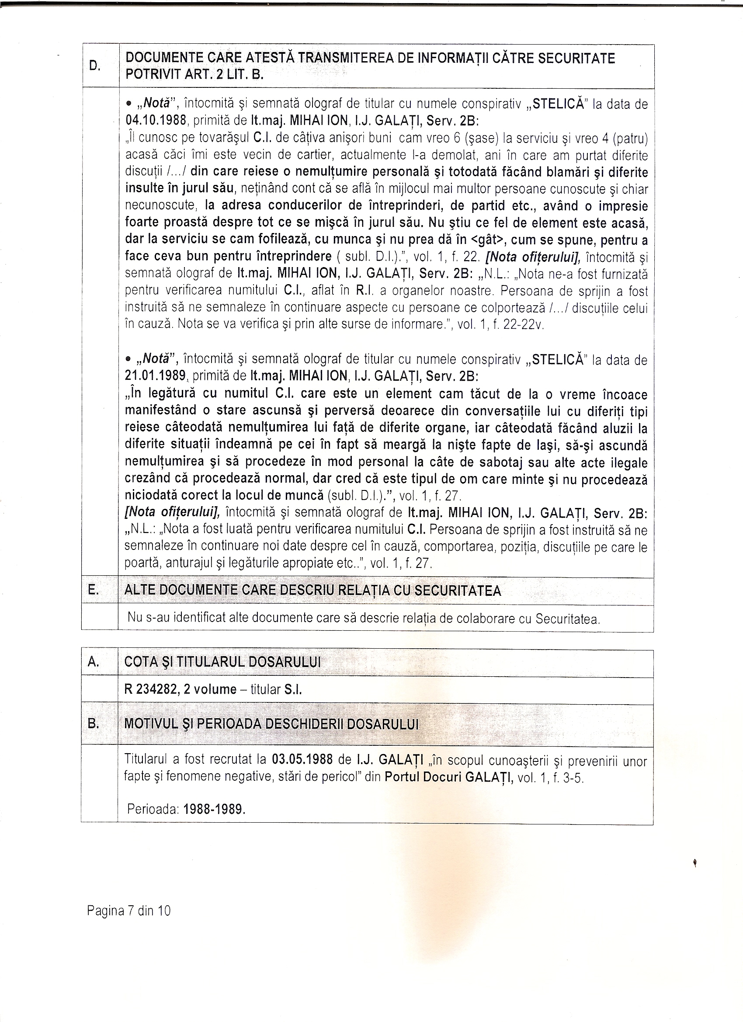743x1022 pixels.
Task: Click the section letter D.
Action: click(x=94, y=66)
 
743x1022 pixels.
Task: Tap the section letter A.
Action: click(x=93, y=661)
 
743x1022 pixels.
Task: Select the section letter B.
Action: click(x=93, y=724)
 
